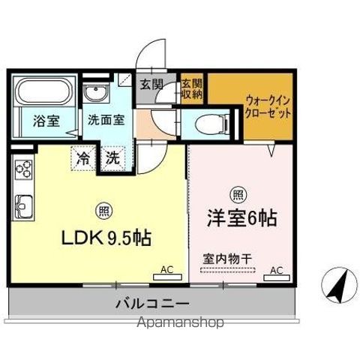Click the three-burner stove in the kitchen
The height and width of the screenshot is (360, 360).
click(x=23, y=169)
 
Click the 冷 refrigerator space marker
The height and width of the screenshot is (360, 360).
click(x=83, y=158)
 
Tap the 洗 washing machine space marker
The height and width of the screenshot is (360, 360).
click(x=112, y=158)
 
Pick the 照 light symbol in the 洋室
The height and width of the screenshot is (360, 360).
click(x=238, y=194)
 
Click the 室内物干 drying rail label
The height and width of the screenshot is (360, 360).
click(x=227, y=259)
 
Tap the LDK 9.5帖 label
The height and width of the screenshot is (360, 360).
click(x=106, y=238)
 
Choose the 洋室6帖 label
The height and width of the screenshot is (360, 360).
click(x=242, y=218)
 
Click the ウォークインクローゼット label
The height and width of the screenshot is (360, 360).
click(x=268, y=107)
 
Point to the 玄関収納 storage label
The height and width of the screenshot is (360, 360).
click(x=192, y=89)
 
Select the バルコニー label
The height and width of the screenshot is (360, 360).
click(x=152, y=304)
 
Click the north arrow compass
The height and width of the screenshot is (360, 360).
click(x=339, y=285)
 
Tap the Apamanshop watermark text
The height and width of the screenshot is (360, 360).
click(x=180, y=322)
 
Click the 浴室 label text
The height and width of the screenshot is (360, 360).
click(x=46, y=121)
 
